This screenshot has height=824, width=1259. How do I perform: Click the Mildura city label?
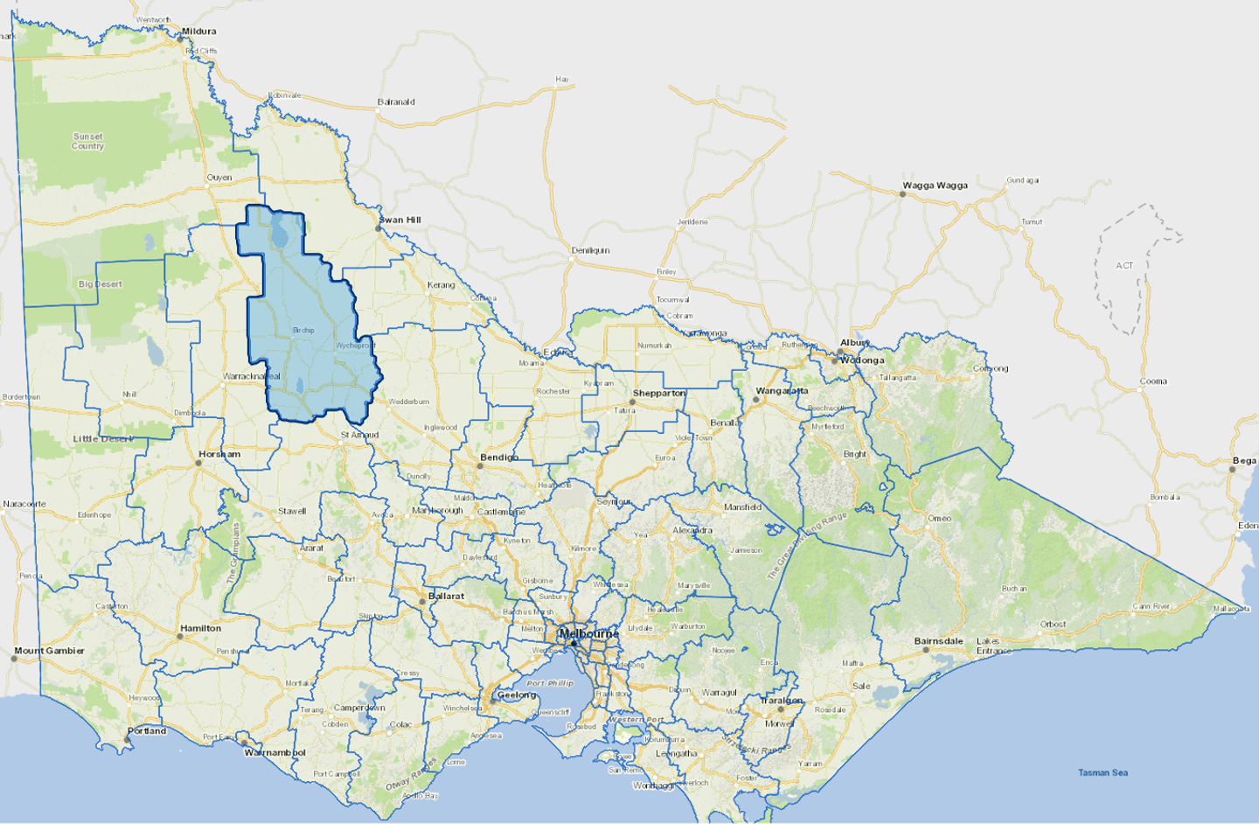tap(198, 31)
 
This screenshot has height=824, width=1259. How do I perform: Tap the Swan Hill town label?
tap(400, 220)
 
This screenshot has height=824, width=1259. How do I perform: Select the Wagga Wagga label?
tap(935, 185)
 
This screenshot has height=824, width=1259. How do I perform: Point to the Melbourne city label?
tap(588, 633)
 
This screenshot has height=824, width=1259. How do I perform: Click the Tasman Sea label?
tap(1102, 772)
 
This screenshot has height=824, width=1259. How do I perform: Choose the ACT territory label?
tap(1124, 266)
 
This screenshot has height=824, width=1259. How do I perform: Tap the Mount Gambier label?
tap(50, 651)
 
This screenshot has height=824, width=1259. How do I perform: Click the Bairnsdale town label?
tap(938, 641)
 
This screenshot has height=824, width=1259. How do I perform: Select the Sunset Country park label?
tap(87, 142)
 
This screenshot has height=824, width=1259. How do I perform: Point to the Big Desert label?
tap(100, 284)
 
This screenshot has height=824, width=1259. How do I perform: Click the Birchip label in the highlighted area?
tap(303, 331)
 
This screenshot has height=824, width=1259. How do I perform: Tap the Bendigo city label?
tap(499, 457)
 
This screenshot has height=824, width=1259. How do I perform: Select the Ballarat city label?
tap(446, 597)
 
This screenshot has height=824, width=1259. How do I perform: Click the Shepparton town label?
tap(659, 394)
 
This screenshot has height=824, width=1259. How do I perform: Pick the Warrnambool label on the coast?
tap(275, 752)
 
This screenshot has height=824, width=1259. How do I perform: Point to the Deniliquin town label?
tap(590, 251)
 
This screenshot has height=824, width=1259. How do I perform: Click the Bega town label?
tap(1244, 461)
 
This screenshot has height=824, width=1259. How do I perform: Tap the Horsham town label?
tap(219, 455)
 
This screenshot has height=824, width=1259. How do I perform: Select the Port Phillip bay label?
tap(550, 683)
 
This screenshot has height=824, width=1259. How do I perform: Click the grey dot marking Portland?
tap(128, 739)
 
